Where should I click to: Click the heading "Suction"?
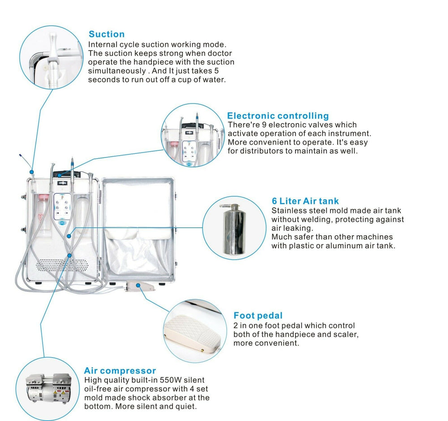click(x=107, y=34)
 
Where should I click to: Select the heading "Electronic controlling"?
click(x=278, y=116)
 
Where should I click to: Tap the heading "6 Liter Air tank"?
click(x=305, y=201)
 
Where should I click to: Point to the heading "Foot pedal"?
click(x=258, y=316)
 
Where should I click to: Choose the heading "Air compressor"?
click(x=120, y=370)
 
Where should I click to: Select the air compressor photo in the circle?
click(x=47, y=388)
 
